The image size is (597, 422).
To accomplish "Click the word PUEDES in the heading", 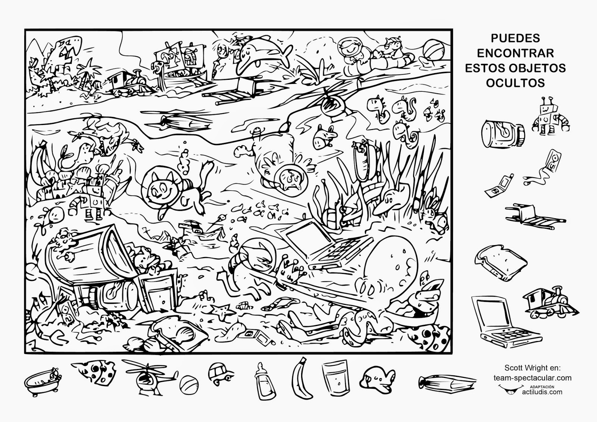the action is pos(515,38).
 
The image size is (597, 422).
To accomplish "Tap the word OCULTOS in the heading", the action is pos(515,83).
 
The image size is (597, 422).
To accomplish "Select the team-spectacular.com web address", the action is pos(532,378).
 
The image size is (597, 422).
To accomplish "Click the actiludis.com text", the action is pos(542,392).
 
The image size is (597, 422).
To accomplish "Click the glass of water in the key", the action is pos(335,378).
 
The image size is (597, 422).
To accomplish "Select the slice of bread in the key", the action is pos(500,263).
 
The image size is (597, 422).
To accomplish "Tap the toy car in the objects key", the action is pos(221,374).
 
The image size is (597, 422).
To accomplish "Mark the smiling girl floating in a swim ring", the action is pos(352,54).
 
